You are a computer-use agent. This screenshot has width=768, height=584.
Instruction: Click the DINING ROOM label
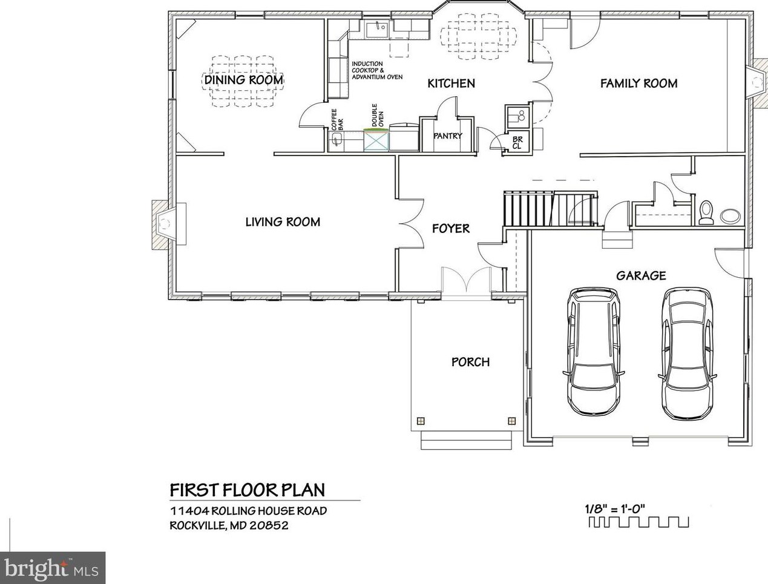pyautogui.click(x=243, y=80)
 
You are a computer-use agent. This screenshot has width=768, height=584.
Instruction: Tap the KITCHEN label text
pyautogui.click(x=451, y=84)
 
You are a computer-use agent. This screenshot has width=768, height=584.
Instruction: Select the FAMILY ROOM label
pyautogui.click(x=639, y=84)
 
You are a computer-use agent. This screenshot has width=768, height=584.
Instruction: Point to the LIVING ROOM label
pyautogui.click(x=283, y=222)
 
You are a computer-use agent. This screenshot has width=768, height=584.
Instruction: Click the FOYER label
pyautogui.click(x=451, y=229)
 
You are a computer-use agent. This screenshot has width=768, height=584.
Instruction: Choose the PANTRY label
pyautogui.click(x=448, y=136)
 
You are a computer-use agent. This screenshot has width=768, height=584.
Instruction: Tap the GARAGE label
pyautogui.click(x=641, y=276)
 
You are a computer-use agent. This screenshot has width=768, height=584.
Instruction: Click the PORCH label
pyautogui.click(x=471, y=362)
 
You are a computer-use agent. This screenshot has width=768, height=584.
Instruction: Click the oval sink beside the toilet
pyautogui.click(x=730, y=215)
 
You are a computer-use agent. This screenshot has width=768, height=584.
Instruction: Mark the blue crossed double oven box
pyautogui.click(x=376, y=140)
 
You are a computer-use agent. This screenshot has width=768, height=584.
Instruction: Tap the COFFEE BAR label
pyautogui.click(x=337, y=120)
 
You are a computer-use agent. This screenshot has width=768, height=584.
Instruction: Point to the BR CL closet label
pyautogui.click(x=517, y=143)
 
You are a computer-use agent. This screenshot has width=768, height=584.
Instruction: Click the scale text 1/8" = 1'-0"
pyautogui.click(x=615, y=508)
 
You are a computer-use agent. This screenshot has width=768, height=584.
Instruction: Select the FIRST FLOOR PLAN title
pyautogui.click(x=248, y=490)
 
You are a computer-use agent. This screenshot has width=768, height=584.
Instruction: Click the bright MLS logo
pyautogui.click(x=52, y=570)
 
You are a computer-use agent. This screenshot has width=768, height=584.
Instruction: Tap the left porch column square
pyautogui.click(x=421, y=421)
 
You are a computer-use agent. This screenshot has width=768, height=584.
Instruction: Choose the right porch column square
pyautogui.click(x=512, y=421)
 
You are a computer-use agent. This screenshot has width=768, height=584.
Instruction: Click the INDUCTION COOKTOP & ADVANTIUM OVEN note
pyautogui.click(x=377, y=70)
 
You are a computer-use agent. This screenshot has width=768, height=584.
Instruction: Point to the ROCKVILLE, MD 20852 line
pyautogui.click(x=229, y=525)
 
